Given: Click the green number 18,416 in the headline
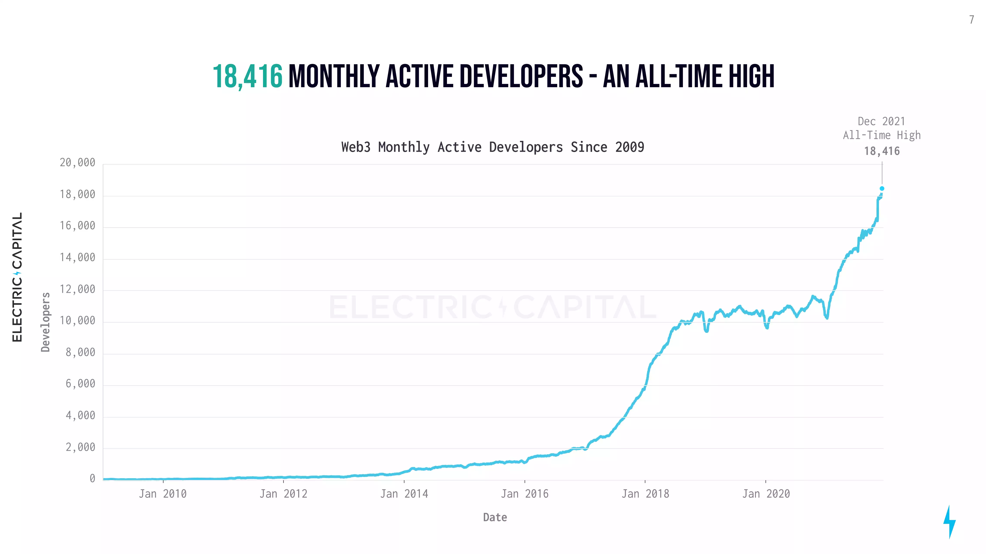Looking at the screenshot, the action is click(248, 76).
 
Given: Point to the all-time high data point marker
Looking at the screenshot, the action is click(882, 188).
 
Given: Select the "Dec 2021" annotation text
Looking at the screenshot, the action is click(882, 121).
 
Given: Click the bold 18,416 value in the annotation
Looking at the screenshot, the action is click(882, 151).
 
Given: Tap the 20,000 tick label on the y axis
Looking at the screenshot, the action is click(77, 163).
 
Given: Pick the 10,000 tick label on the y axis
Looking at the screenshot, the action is click(77, 320).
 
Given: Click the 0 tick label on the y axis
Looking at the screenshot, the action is click(92, 478).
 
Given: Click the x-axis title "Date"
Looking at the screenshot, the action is click(495, 517).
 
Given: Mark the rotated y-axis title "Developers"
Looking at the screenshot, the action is click(45, 322).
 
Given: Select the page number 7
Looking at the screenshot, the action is click(971, 19).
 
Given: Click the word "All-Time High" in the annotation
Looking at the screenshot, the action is click(882, 135).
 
